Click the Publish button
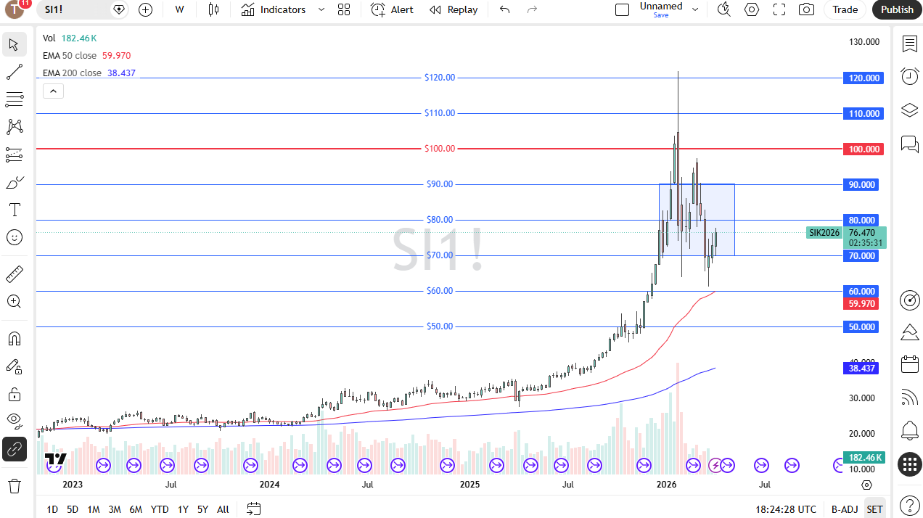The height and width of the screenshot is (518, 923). (x=897, y=9)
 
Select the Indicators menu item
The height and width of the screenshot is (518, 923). (x=274, y=9)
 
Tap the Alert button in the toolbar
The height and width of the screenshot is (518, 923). (x=393, y=9)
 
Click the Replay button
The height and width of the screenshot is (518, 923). (x=454, y=9)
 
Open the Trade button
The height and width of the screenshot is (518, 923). (x=845, y=9)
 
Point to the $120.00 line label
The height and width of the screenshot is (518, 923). (x=440, y=78)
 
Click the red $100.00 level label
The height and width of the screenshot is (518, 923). (x=440, y=149)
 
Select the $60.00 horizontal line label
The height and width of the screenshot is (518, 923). (x=440, y=291)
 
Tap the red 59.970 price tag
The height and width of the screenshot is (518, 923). (x=861, y=304)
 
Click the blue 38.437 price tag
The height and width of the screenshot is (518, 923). (x=861, y=369)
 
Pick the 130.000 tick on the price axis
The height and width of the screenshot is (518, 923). (x=864, y=42)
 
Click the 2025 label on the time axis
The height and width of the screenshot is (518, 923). (x=469, y=484)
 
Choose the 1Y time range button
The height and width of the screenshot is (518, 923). (x=183, y=509)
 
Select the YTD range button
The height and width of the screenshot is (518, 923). (x=160, y=509)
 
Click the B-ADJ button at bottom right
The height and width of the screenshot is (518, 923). (x=845, y=509)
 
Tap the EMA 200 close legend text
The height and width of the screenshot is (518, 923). (x=72, y=73)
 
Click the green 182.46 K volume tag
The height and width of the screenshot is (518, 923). (x=863, y=458)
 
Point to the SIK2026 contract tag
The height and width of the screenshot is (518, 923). (x=824, y=233)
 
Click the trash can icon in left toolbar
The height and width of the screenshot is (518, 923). (x=15, y=485)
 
